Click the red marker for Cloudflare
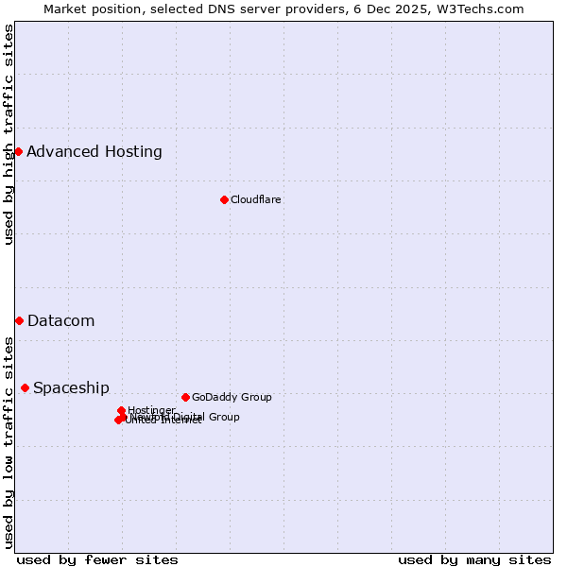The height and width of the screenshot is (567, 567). pyautogui.click(x=224, y=199)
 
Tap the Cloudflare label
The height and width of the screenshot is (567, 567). pyautogui.click(x=256, y=199)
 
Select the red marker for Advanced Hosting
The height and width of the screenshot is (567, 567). pyautogui.click(x=18, y=151)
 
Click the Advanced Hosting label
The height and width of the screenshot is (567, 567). pyautogui.click(x=94, y=151)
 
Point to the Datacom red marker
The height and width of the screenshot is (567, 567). pyautogui.click(x=19, y=320)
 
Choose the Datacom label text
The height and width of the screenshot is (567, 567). pyautogui.click(x=61, y=320)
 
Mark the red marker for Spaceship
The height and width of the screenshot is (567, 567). pyautogui.click(x=25, y=387)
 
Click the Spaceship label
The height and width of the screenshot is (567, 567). pyautogui.click(x=72, y=387)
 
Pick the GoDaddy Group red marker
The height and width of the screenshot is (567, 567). pyautogui.click(x=185, y=397)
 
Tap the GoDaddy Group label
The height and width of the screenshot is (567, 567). pyautogui.click(x=232, y=397)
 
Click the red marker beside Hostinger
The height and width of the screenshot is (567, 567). pyautogui.click(x=121, y=410)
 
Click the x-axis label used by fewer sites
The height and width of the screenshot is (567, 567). pyautogui.click(x=97, y=559)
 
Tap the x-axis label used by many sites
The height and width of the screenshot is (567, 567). pyautogui.click(x=474, y=559)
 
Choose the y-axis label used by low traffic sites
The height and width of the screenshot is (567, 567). pyautogui.click(x=9, y=442)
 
